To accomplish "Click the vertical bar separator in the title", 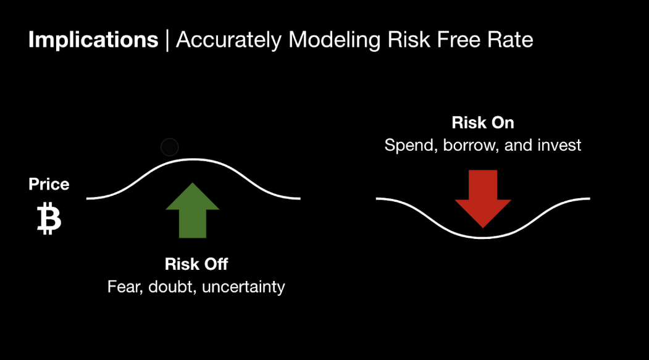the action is click(x=167, y=40).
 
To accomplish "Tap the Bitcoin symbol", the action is click(x=49, y=219).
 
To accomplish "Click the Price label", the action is click(x=49, y=184).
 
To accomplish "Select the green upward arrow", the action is click(x=193, y=210).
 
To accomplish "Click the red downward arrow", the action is click(x=483, y=199).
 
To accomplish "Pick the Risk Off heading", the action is click(x=196, y=264).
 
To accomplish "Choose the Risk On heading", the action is click(x=483, y=122).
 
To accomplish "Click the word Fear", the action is click(x=125, y=287).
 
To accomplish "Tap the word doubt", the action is click(x=172, y=287).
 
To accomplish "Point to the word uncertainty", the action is click(x=243, y=287).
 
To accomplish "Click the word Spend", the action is click(x=411, y=146).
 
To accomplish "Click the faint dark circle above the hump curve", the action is click(x=170, y=148).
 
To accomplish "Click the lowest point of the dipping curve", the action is click(x=483, y=238).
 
